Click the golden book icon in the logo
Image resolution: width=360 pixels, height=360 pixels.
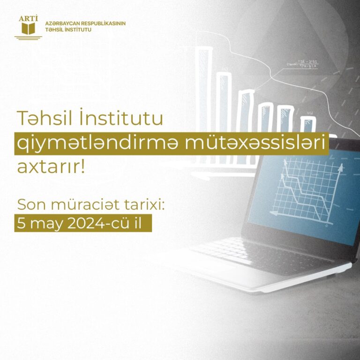(28, 29)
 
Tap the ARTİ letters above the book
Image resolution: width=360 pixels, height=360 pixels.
(28, 19)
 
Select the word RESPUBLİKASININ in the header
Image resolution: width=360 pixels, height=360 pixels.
(104, 23)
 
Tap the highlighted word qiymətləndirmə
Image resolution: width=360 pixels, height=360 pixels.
(97, 144)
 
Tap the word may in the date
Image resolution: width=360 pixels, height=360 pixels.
(46, 225)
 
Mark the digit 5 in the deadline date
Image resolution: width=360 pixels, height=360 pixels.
(21, 224)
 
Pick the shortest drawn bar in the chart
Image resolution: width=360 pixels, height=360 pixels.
(307, 125)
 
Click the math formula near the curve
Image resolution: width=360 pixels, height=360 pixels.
(302, 64)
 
